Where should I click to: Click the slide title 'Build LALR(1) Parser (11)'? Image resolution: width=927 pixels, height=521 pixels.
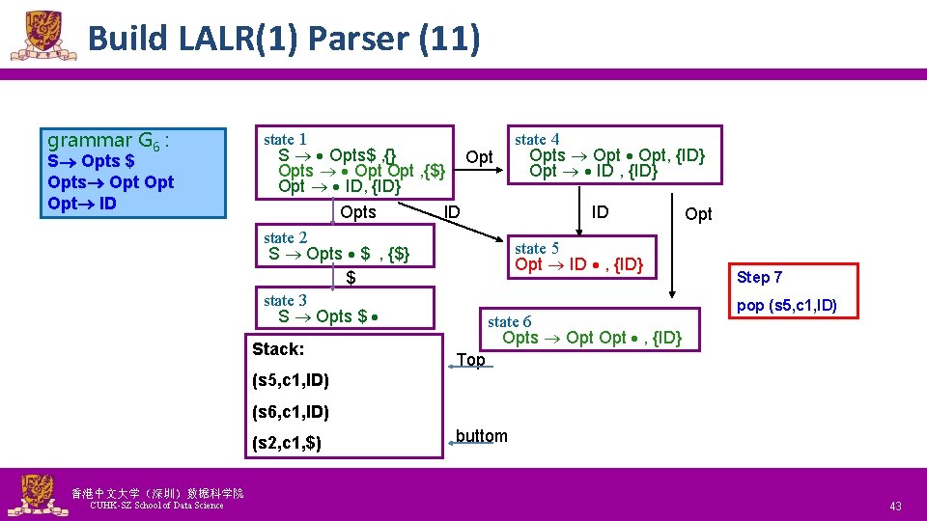coord(282,39)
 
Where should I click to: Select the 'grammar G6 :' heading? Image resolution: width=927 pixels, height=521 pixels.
coord(108,141)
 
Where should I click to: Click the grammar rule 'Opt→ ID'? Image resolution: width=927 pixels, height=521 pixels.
coord(82,204)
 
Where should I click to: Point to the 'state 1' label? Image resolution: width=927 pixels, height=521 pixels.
coord(285,140)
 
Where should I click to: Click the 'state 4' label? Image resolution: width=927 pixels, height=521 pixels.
coord(536,139)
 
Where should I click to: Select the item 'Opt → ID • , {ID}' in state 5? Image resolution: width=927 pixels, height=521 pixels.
coord(578,264)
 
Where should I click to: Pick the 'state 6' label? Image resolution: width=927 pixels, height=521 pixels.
coord(509,321)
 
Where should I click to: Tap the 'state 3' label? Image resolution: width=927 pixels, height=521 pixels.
coord(285,300)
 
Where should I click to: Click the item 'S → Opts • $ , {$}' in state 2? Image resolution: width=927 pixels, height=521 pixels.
coord(339,254)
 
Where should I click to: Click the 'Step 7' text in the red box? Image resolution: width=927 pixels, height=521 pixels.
coord(760,277)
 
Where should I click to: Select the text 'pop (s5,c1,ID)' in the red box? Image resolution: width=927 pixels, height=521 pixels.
coord(786,307)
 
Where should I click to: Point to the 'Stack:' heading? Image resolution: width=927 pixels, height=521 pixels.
coord(278,348)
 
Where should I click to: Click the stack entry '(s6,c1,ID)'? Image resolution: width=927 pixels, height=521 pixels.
coord(291,412)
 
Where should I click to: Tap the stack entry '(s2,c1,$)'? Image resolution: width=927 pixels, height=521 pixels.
coord(287,444)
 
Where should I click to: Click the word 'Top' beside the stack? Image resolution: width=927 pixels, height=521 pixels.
coord(470,360)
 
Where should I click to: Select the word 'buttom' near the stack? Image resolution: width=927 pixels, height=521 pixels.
coord(481,435)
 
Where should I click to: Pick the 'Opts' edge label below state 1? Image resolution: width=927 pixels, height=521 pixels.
coord(358,212)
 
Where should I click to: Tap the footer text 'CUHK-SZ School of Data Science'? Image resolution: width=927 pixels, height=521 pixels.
coord(155,506)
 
